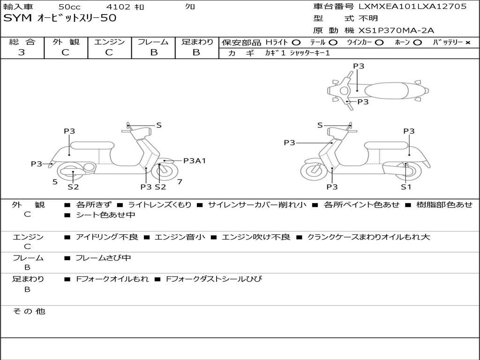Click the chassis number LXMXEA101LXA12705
412,7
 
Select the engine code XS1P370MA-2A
397,30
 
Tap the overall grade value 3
22,52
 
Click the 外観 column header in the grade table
66,42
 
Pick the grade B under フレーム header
153,52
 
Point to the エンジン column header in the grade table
109,42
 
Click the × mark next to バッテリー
467,42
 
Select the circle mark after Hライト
296,42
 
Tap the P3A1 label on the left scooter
195,161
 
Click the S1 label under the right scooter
406,187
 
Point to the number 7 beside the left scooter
180,181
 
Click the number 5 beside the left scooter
55,181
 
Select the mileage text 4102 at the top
116,7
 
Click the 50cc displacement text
69,7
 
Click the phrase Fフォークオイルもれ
112,279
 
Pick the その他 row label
29,311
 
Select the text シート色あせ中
105,215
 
